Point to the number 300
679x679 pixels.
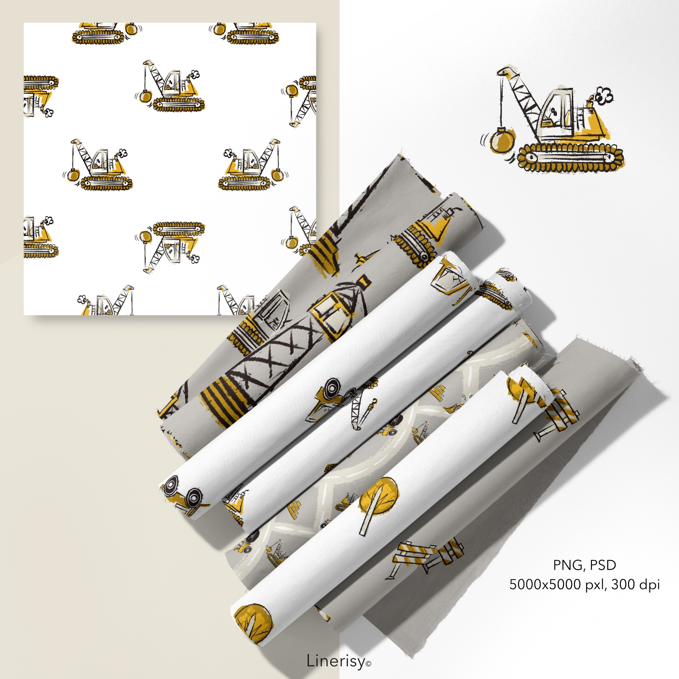click(624, 585)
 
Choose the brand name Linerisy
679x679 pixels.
click(336, 661)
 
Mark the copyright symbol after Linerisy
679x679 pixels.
click(368, 664)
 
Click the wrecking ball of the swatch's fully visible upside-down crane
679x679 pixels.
click(145, 236)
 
